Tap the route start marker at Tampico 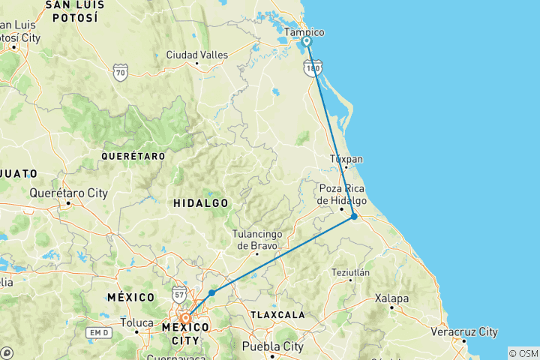307,42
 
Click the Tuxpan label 346,160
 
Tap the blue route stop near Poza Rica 354,216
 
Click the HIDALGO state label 201,203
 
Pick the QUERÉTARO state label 133,156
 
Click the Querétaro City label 68,193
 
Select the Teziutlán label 350,273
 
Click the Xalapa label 393,298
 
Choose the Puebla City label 273,346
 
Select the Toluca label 136,324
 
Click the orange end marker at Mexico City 184,318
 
